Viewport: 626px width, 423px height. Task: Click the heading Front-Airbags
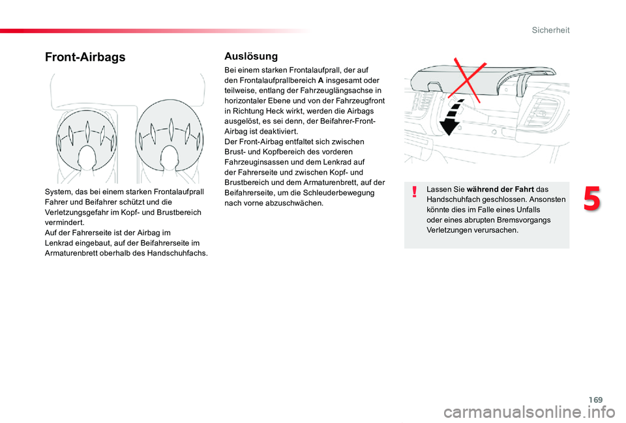[85, 57]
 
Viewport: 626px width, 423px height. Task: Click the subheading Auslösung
[250, 57]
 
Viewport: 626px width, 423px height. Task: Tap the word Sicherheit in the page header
[550, 30]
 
